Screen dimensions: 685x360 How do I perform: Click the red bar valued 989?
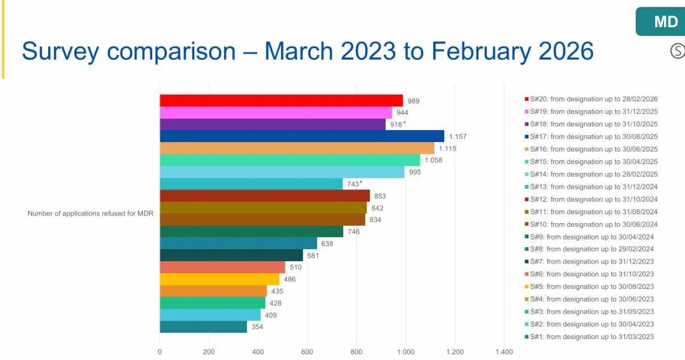pyautogui.click(x=282, y=101)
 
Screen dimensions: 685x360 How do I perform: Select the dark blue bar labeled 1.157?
pyautogui.click(x=302, y=136)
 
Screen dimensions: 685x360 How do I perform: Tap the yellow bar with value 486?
pyautogui.click(x=219, y=280)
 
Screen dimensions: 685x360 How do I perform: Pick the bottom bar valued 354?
pyautogui.click(x=203, y=327)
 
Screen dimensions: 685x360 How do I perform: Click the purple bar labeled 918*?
pyautogui.click(x=273, y=124)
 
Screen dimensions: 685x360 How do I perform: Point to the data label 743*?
pyautogui.click(x=355, y=184)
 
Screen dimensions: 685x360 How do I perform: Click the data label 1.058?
pyautogui.click(x=433, y=160)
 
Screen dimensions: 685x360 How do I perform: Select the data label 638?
pyautogui.click(x=327, y=243)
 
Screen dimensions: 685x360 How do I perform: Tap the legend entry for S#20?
pyautogui.click(x=591, y=99)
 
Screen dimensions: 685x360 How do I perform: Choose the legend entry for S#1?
pyautogui.click(x=589, y=337)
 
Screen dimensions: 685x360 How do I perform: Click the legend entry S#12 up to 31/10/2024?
pyautogui.click(x=591, y=200)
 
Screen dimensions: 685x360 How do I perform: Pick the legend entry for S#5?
pyautogui.click(x=589, y=286)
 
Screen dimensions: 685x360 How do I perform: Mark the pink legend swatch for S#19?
pyautogui.click(x=527, y=112)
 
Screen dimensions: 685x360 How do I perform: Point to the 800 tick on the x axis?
pyautogui.click(x=356, y=352)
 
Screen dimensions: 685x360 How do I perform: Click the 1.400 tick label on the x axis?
pyautogui.click(x=504, y=352)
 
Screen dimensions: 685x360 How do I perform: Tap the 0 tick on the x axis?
pyautogui.click(x=159, y=352)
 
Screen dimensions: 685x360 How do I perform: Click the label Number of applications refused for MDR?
pyautogui.click(x=91, y=214)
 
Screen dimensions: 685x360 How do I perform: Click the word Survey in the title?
pyautogui.click(x=61, y=52)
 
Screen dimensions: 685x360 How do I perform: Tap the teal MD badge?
pyautogui.click(x=660, y=22)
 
